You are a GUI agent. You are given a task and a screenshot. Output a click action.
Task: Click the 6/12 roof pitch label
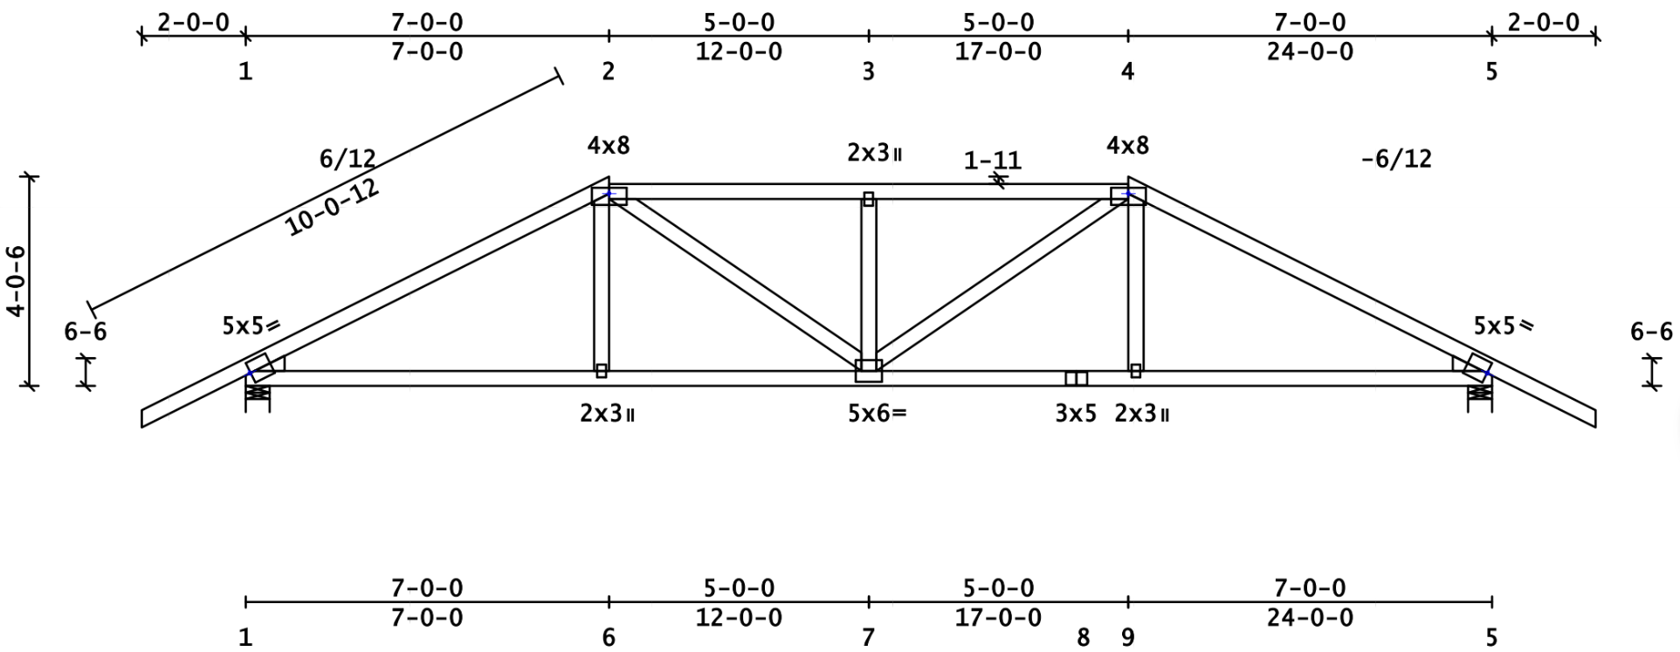[x=348, y=159]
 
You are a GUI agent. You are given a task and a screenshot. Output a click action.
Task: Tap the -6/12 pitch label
[x=1396, y=159]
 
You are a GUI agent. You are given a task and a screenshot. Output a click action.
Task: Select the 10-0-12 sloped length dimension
[x=333, y=209]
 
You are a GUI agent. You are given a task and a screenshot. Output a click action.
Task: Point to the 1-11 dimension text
[x=992, y=161]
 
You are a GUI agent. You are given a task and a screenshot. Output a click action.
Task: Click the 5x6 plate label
[x=877, y=413]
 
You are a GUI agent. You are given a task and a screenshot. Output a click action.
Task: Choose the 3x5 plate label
[x=1075, y=413]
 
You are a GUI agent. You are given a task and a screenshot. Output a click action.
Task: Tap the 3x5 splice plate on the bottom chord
[x=1076, y=378]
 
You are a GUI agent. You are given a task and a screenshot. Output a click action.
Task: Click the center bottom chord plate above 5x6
[x=868, y=371]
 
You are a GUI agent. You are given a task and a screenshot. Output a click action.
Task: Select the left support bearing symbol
[x=257, y=395]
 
